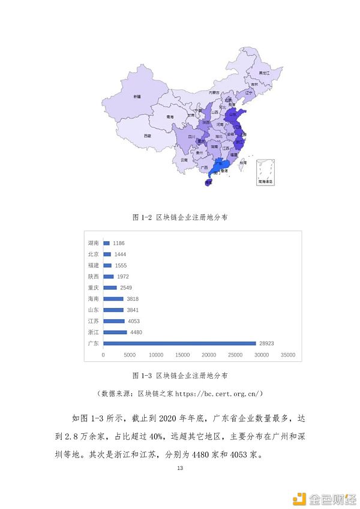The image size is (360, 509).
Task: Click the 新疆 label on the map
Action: (x=137, y=96)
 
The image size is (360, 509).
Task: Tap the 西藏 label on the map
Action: (x=147, y=136)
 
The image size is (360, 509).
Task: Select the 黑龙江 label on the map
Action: (x=264, y=72)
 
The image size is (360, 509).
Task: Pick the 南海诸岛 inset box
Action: (x=265, y=172)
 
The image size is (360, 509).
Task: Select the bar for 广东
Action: (x=179, y=343)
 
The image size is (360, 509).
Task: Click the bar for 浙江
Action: (x=115, y=332)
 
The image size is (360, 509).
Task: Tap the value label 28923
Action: (x=267, y=343)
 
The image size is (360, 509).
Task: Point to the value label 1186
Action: (x=119, y=243)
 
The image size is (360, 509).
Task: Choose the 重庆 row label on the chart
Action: (x=93, y=288)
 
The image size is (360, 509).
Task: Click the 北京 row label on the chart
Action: (x=93, y=254)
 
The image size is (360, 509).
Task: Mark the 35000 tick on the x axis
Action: (x=289, y=355)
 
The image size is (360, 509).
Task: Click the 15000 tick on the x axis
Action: (x=183, y=355)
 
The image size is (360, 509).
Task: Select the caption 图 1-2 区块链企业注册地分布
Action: (x=179, y=217)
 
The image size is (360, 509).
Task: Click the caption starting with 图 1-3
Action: (x=179, y=376)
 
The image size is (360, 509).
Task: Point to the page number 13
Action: (x=179, y=468)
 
